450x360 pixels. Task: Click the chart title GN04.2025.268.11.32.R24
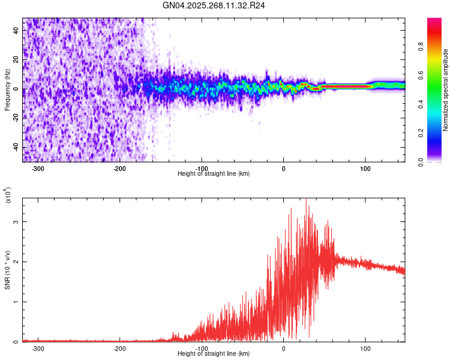(x=214, y=5)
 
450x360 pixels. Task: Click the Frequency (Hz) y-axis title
(x=7, y=89)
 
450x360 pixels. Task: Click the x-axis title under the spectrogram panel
(x=214, y=174)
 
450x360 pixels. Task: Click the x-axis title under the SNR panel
(x=214, y=354)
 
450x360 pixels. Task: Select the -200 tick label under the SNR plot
(x=119, y=349)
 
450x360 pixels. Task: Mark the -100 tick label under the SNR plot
(x=202, y=349)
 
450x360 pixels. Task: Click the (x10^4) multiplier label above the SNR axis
(x=8, y=196)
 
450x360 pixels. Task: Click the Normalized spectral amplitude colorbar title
(x=445, y=90)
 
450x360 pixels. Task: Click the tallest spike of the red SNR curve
(x=307, y=200)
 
